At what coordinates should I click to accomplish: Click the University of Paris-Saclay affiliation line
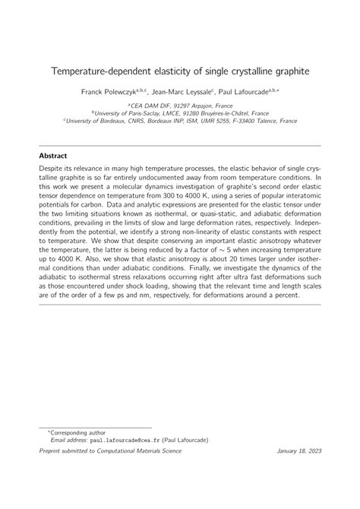tap(180, 113)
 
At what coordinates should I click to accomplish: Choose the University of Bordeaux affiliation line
tap(180, 120)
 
